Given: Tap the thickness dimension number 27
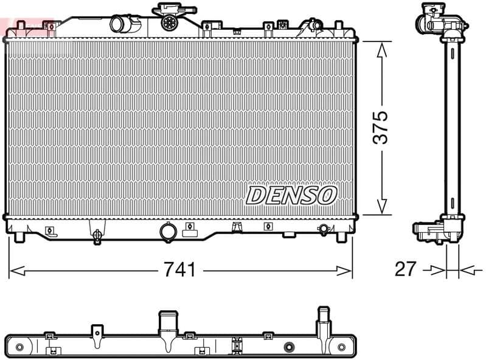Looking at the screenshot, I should coord(406,269).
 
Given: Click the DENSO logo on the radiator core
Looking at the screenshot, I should coord(291,195).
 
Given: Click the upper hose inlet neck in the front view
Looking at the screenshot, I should coord(119,24).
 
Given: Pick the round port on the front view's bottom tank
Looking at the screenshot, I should coord(166,231).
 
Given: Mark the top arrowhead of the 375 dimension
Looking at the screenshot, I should coord(381,49).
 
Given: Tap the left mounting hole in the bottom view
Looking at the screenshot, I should coord(19,347).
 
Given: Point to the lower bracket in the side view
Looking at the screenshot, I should coord(434,230).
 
